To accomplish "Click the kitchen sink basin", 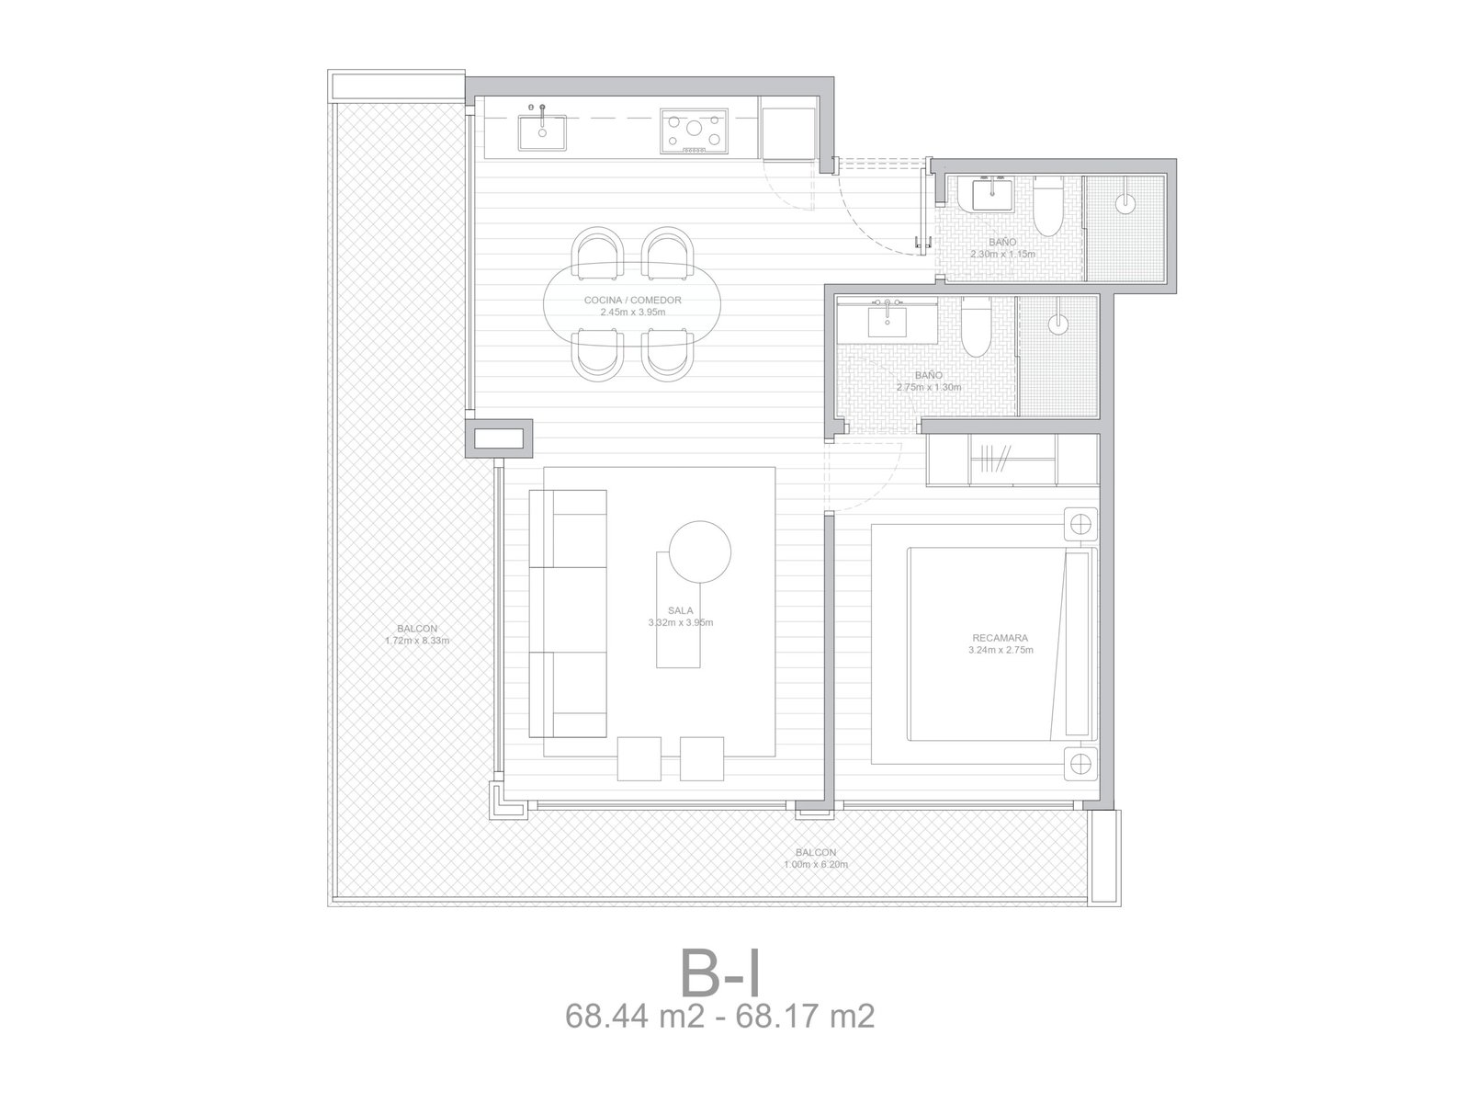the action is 541,132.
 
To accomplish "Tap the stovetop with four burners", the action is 694,131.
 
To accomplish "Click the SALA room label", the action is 680,610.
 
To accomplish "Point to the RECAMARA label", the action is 1000,638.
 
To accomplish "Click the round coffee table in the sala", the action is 700,551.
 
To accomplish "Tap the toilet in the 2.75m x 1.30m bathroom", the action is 975,327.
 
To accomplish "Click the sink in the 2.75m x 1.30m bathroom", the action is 887,322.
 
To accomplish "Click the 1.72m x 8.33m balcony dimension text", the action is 416,641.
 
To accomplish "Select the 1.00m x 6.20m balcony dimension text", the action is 816,864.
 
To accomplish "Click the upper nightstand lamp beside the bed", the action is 1080,524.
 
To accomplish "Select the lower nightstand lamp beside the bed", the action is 1080,764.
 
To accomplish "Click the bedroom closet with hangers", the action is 1012,460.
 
